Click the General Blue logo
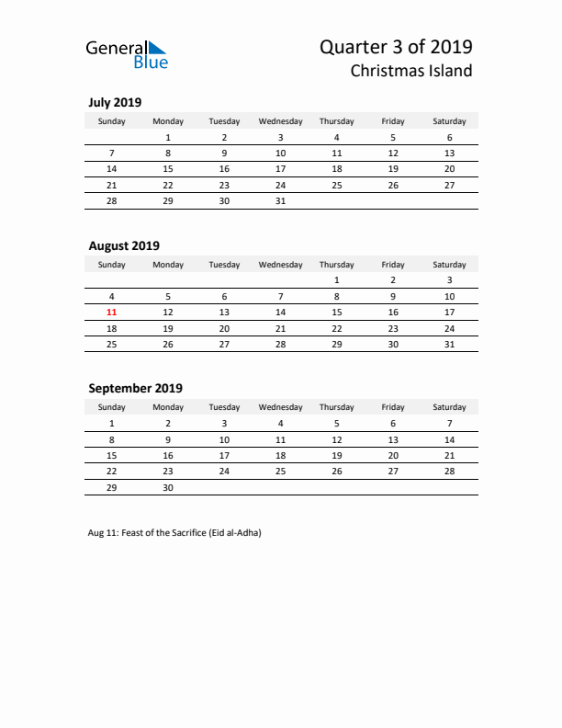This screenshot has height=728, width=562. click(127, 53)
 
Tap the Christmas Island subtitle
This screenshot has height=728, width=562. click(411, 71)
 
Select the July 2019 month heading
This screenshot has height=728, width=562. click(115, 103)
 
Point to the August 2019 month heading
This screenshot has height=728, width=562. click(124, 245)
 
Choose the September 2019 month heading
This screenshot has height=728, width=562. click(135, 388)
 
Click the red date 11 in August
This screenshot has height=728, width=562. click(112, 313)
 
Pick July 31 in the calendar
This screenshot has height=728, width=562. click(281, 200)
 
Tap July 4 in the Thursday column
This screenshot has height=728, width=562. click(337, 138)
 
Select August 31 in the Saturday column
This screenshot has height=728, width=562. click(449, 344)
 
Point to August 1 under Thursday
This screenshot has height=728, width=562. click(337, 280)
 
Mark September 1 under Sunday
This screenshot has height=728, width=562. click(112, 424)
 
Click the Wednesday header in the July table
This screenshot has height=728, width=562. click(281, 121)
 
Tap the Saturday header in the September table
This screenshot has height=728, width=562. click(449, 407)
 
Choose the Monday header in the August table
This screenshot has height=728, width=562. click(168, 265)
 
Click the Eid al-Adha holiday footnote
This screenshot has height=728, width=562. click(174, 534)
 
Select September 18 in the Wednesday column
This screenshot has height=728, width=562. click(281, 455)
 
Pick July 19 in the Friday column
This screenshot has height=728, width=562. click(393, 169)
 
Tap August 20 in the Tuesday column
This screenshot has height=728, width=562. click(225, 328)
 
